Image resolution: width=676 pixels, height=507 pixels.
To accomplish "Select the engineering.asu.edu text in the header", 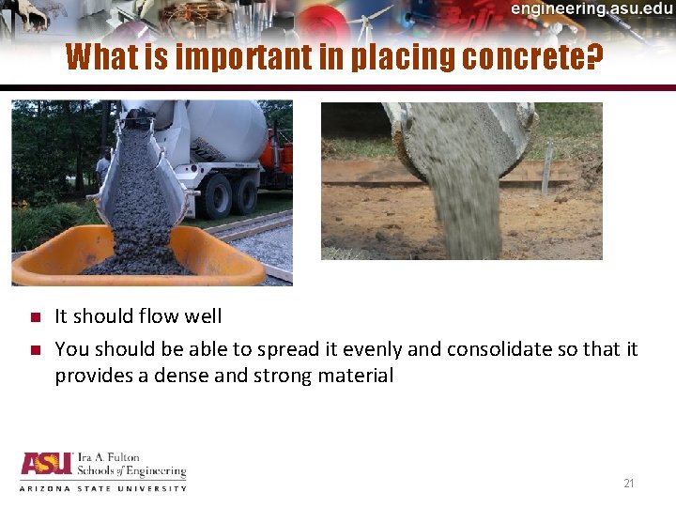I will pyautogui.click(x=591, y=9).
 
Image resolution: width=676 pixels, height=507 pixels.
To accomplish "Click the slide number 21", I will pyautogui.click(x=629, y=484).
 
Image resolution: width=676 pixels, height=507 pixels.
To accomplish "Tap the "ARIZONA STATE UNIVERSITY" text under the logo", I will pyautogui.click(x=103, y=488).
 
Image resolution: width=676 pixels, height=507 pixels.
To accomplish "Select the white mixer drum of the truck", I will pyautogui.click(x=225, y=127).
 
